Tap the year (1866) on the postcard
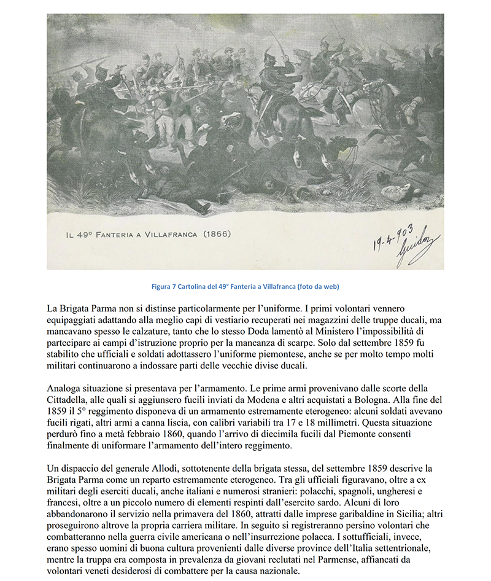(216, 234)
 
